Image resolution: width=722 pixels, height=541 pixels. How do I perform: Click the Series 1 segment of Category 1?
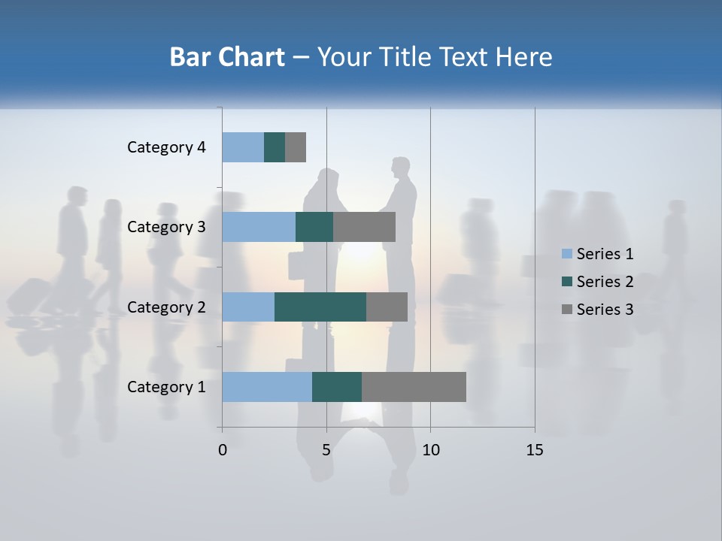pos(267,387)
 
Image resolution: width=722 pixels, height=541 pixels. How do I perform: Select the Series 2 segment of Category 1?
pos(337,387)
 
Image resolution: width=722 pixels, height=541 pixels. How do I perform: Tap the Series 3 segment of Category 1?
pos(414,387)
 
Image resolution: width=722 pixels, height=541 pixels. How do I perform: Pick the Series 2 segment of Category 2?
pos(320,307)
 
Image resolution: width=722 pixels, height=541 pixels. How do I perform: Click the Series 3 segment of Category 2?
pos(387,307)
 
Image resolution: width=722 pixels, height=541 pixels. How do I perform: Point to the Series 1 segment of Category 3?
pos(259,227)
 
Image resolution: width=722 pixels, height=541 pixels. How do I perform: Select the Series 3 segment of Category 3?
pos(364,227)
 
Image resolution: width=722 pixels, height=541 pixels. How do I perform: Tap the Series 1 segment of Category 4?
pos(243,147)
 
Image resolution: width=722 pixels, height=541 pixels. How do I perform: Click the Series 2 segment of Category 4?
pos(275,147)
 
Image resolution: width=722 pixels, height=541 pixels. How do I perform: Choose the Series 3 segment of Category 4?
pos(296,147)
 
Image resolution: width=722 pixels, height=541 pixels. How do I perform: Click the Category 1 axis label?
pos(166,387)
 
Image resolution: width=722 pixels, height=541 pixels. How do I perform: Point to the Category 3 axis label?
pos(166,227)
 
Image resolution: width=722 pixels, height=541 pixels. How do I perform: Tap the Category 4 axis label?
pos(166,147)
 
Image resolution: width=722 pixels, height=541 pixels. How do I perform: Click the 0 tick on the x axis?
pos(223,450)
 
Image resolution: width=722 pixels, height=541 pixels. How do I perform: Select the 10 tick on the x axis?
pos(430,450)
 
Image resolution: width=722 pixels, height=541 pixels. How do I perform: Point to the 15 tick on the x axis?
pos(535,450)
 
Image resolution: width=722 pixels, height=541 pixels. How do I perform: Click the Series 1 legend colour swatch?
pos(566,254)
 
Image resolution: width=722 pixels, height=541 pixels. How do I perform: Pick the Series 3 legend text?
pos(605,310)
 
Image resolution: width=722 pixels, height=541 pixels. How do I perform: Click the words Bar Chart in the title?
pos(227,57)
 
